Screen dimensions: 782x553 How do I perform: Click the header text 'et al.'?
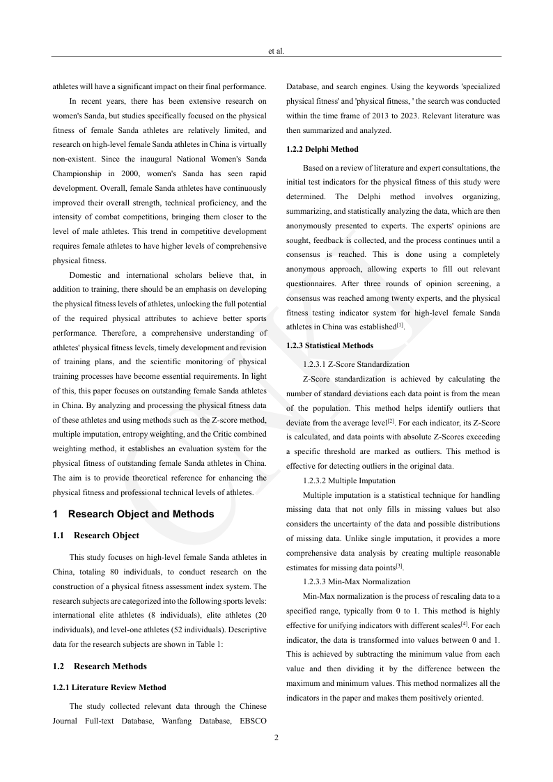click(x=276, y=51)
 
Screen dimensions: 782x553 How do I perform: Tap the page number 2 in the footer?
click(x=276, y=737)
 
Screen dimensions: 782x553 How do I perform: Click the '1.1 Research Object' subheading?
click(x=95, y=535)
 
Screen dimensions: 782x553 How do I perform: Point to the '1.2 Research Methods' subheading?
click(x=100, y=666)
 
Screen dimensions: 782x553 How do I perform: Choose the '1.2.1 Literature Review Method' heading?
click(x=109, y=687)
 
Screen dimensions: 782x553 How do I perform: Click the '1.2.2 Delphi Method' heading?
click(x=322, y=149)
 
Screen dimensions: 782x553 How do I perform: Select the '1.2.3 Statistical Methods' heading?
click(x=329, y=345)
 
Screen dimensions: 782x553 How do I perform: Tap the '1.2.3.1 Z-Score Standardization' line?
click(x=356, y=364)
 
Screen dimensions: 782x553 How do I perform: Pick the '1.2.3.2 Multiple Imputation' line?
click(x=349, y=480)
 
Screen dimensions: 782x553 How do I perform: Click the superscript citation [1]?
click(x=400, y=324)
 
